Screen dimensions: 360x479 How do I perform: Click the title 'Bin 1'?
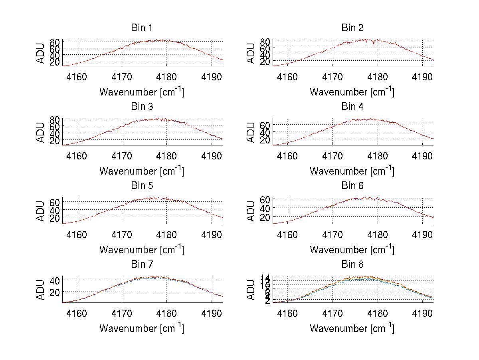point(142,28)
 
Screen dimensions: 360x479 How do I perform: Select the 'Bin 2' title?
point(352,28)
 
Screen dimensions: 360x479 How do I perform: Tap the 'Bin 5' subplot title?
point(142,185)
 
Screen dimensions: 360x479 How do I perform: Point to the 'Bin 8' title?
point(352,264)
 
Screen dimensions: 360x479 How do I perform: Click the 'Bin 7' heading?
point(142,264)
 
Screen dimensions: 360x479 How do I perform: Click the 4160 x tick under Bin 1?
point(77,77)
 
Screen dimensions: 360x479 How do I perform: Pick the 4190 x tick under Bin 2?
point(423,77)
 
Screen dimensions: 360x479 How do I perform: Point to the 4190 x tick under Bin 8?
point(423,313)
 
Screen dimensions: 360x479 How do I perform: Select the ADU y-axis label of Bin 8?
point(251,290)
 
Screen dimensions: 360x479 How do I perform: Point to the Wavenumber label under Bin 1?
point(142,92)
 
